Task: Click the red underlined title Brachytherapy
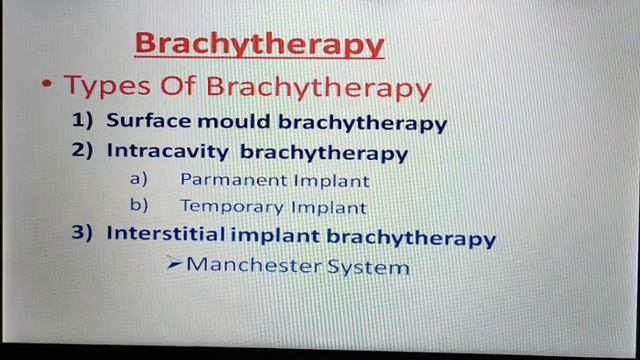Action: (x=259, y=45)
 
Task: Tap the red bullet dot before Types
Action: (x=47, y=85)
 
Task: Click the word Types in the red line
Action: (x=104, y=87)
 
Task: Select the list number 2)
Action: (x=84, y=152)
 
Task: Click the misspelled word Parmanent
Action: (x=232, y=181)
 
